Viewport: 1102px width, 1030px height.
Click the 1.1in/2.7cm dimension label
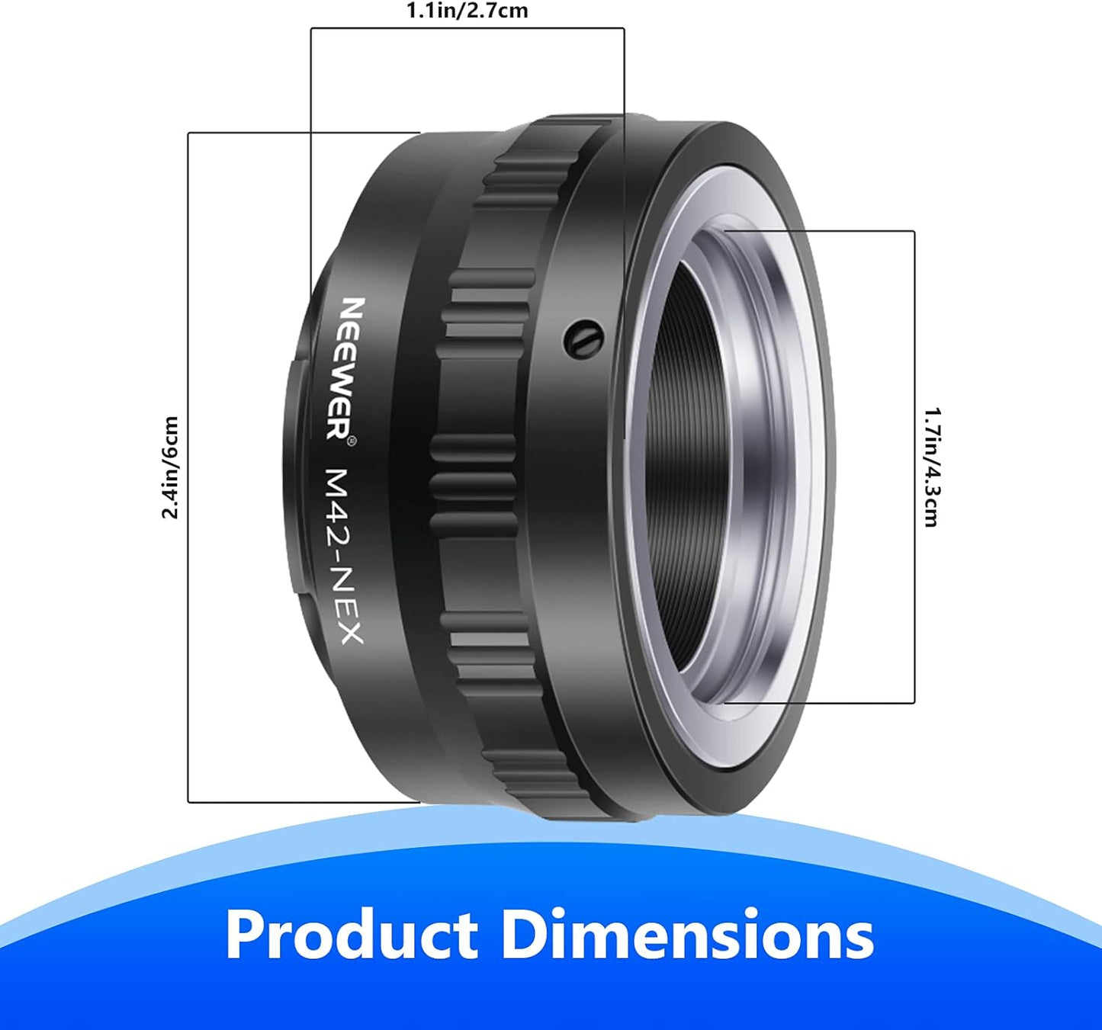point(467,11)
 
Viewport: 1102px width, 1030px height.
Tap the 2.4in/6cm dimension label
point(170,467)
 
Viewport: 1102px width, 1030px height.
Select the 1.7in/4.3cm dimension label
point(931,467)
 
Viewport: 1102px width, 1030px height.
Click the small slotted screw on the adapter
point(584,339)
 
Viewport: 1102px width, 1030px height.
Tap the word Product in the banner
point(352,935)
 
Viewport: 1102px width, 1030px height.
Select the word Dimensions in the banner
point(687,935)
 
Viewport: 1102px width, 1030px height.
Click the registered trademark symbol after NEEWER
point(351,441)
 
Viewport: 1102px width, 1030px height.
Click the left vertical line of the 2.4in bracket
point(188,467)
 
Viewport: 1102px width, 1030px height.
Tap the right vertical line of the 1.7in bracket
point(914,467)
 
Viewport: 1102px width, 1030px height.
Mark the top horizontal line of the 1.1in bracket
point(467,29)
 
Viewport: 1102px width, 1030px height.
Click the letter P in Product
point(246,935)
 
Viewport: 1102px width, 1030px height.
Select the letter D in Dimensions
point(523,935)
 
